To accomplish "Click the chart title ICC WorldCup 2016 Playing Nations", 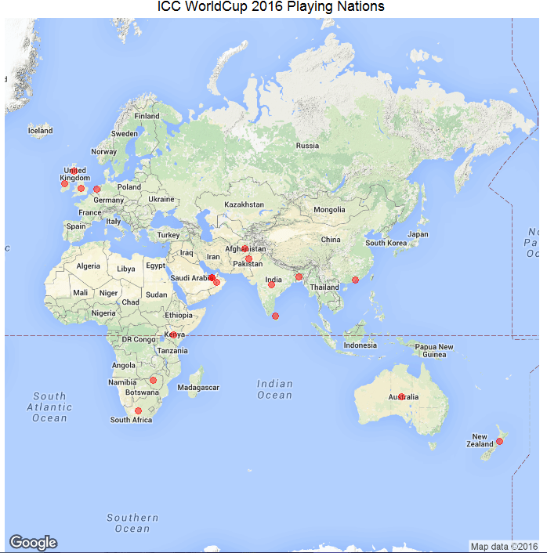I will tap(271, 7).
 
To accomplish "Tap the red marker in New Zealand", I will tap(499, 442).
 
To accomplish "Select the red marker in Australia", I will tap(401, 396).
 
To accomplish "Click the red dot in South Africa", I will tap(138, 410).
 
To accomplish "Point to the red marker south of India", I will tap(275, 316).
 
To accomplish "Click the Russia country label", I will tap(307, 146).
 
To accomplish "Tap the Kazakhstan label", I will tap(245, 204).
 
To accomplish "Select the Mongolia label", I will tap(329, 210).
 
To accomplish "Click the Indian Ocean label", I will tap(275, 389).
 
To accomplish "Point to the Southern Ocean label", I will tap(132, 523).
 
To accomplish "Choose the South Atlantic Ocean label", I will tap(49, 407).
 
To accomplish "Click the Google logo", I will tap(33, 542).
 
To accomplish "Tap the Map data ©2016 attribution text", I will tap(504, 546).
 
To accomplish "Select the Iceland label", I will tap(40, 131).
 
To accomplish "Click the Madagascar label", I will tap(198, 388).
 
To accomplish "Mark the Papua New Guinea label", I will tap(433, 351).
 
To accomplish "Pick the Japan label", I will tap(418, 234).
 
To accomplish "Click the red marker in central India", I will tap(271, 285).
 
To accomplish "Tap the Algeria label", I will tap(88, 266).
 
